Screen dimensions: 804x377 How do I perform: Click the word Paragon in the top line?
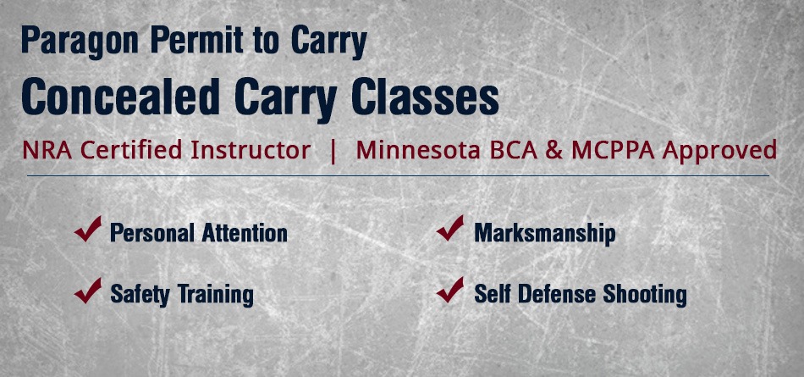tap(80, 42)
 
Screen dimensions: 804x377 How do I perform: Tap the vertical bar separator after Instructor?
tap(333, 151)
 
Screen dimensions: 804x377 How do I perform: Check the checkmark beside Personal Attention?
tap(88, 229)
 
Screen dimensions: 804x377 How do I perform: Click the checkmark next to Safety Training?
tap(88, 291)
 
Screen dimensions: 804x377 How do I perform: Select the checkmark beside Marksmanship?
tap(450, 229)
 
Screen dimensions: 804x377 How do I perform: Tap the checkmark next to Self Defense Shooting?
tap(450, 291)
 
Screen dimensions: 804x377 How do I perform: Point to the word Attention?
tap(245, 233)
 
